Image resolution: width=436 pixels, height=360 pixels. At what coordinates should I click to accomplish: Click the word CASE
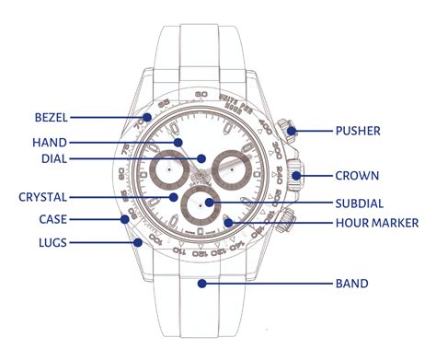[52, 219]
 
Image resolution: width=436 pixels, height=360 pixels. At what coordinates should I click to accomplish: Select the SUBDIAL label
[361, 203]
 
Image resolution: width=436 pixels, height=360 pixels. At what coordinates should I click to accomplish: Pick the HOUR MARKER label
[378, 223]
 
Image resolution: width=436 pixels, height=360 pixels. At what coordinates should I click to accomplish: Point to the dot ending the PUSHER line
[293, 131]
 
